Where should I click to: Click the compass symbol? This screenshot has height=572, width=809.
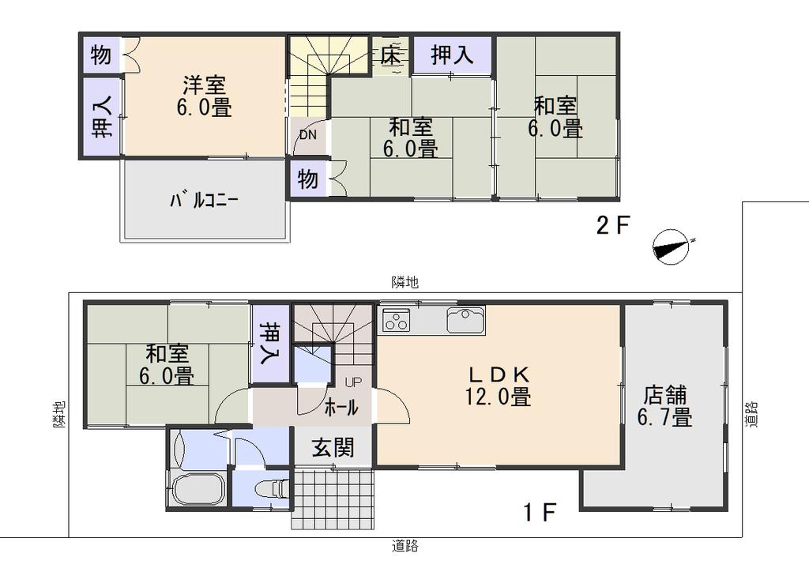[x=672, y=247]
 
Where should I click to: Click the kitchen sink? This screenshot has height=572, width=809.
[x=465, y=320]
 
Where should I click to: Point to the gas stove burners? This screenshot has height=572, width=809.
[x=397, y=320]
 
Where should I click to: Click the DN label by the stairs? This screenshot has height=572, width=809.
[x=308, y=136]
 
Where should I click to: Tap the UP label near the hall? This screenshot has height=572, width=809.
[x=353, y=382]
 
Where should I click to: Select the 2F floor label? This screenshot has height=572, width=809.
[x=613, y=225]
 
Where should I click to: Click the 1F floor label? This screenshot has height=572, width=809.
[x=539, y=512]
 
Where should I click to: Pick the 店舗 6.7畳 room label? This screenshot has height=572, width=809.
[x=665, y=406]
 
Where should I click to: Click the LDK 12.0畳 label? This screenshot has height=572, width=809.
[x=499, y=386]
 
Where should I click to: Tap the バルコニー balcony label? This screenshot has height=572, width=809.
[x=204, y=200]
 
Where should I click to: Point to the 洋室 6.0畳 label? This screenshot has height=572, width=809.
[x=204, y=96]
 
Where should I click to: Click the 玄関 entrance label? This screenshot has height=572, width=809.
[x=333, y=447]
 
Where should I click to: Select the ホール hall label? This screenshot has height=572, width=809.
[x=341, y=408]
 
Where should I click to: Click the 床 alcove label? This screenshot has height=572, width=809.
[x=391, y=55]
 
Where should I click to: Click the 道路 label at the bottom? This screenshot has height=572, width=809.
[x=405, y=545]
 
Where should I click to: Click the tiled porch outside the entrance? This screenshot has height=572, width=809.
[x=333, y=499]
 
